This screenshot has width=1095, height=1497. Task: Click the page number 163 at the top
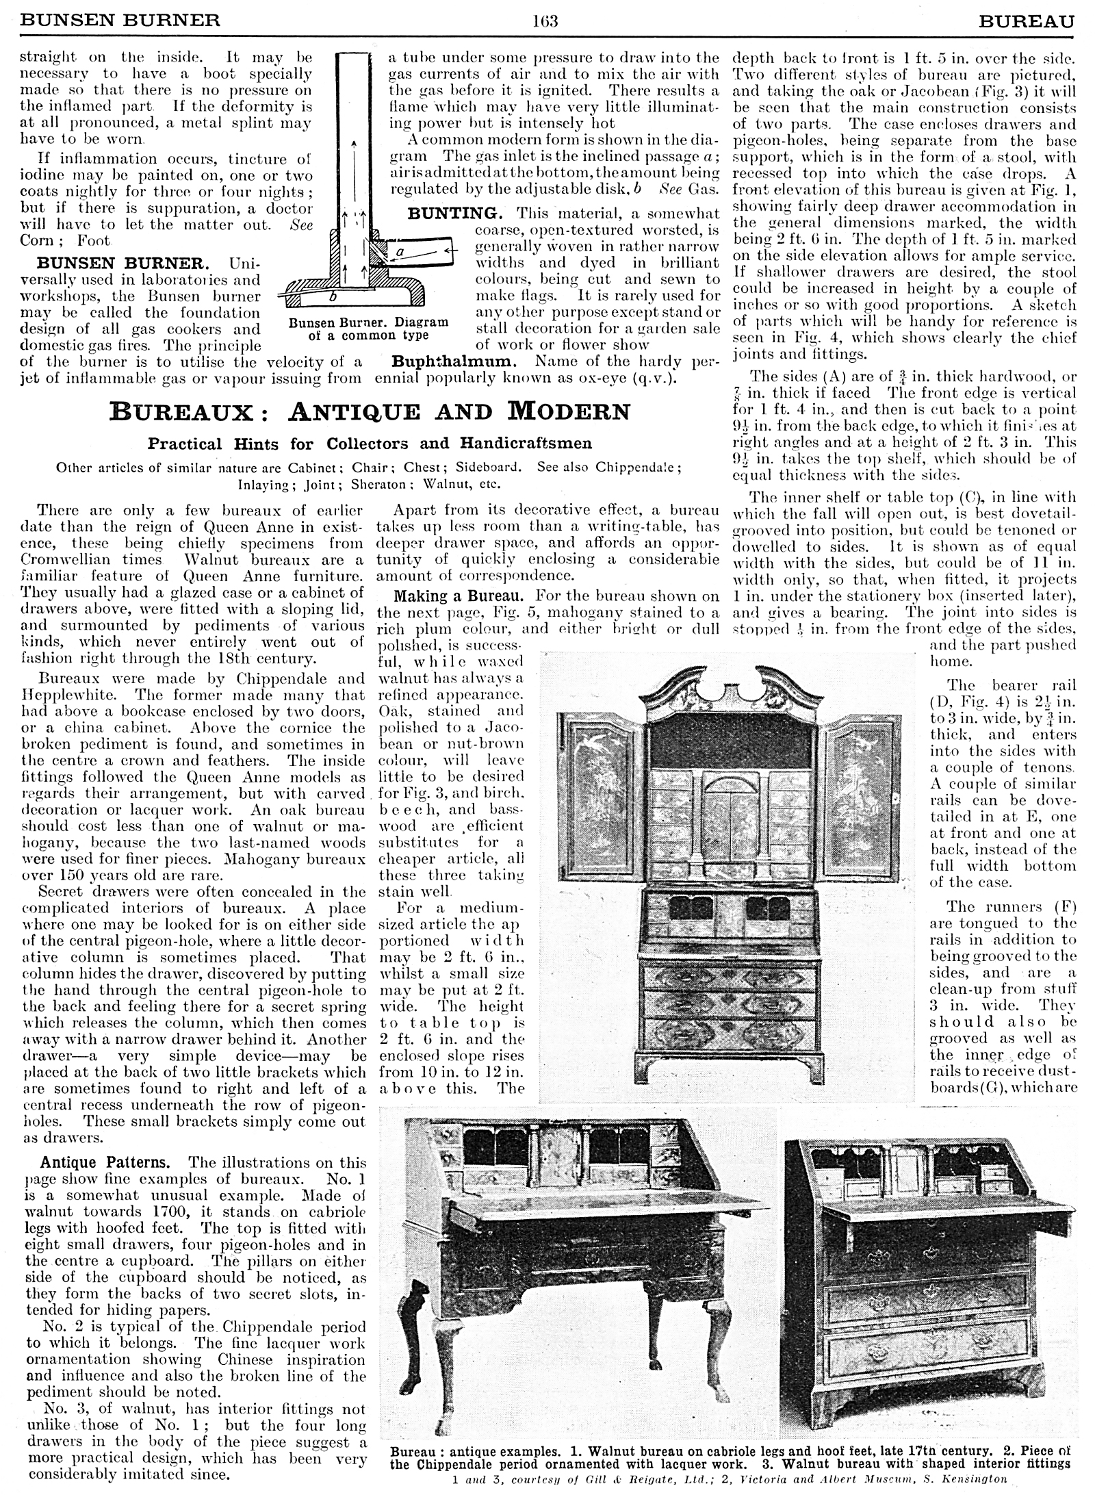(x=546, y=20)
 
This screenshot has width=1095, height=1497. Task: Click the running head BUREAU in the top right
(x=1027, y=20)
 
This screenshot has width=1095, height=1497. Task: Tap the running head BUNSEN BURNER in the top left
(x=120, y=20)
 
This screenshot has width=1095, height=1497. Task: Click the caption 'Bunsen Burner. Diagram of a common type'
(x=368, y=329)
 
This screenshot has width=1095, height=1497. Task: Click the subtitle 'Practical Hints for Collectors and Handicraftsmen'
(x=370, y=443)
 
